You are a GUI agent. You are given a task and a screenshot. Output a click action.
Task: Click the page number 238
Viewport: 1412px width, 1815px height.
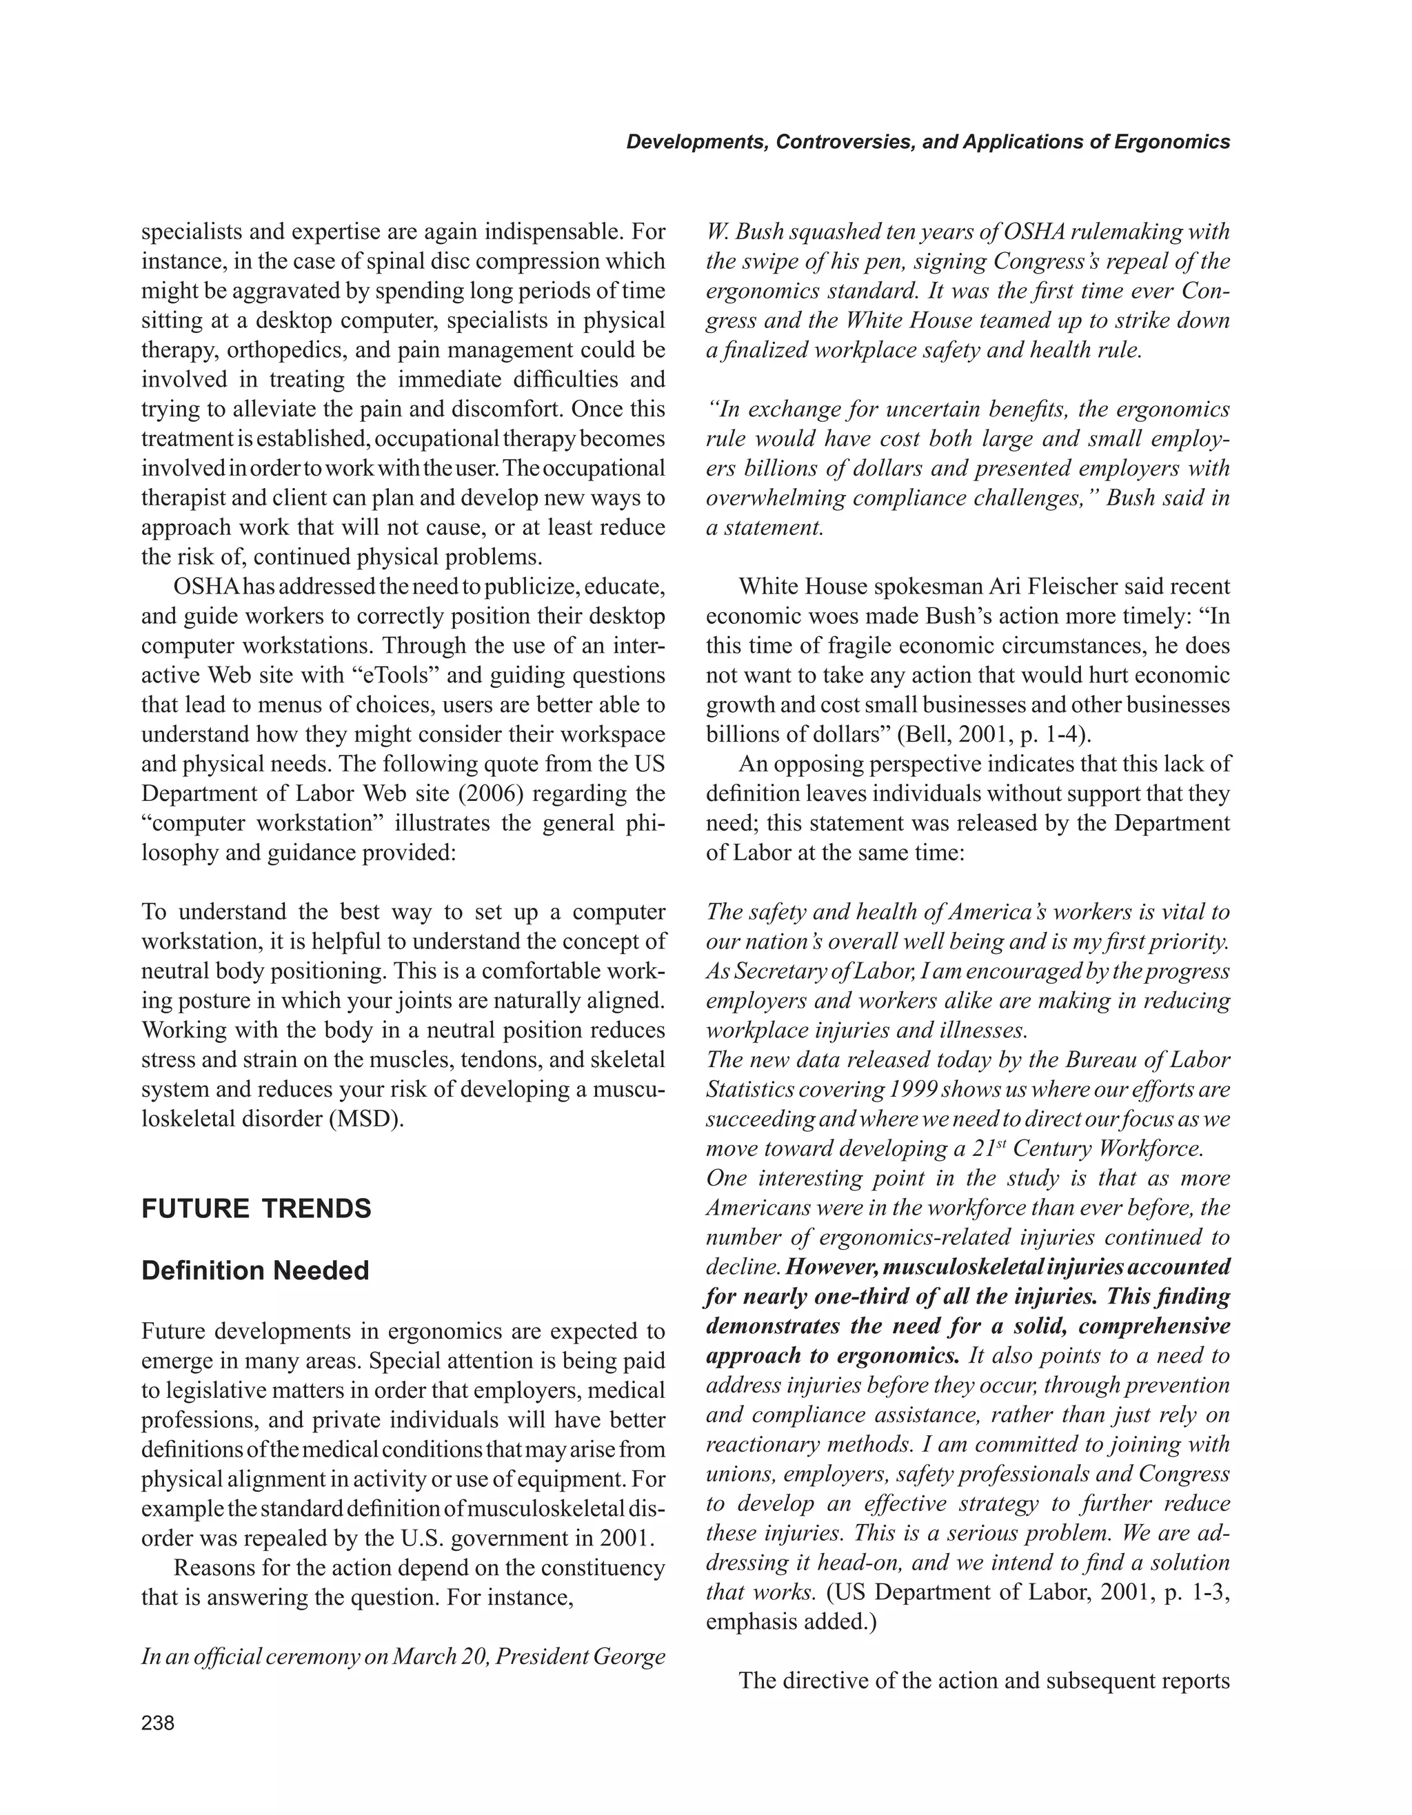click(x=158, y=1723)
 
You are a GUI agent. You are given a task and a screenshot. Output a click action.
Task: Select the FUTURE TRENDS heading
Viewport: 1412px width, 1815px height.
click(x=256, y=1209)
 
